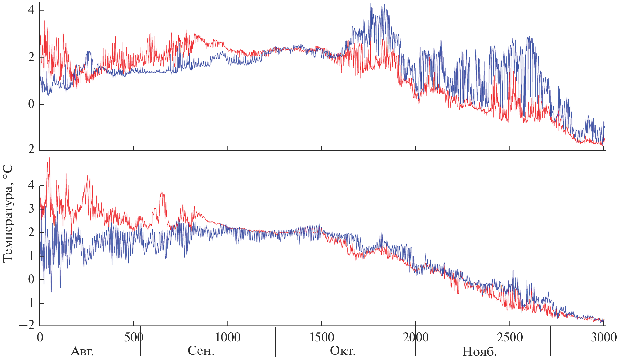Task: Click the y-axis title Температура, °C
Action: tap(8, 213)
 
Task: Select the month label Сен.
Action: tap(201, 351)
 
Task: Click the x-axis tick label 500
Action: tap(134, 338)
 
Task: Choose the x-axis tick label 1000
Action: tap(228, 338)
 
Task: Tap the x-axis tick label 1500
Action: tap(322, 338)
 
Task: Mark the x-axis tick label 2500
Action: tap(510, 338)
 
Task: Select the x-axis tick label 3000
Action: tap(603, 338)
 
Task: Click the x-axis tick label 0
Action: tap(40, 338)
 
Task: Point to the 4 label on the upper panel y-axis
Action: tap(31, 10)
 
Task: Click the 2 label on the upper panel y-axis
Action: tap(31, 57)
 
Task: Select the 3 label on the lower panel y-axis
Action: tap(31, 208)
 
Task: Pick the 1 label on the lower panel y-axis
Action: tap(31, 256)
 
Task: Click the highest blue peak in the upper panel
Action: tap(371, 4)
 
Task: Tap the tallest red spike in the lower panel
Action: tap(49, 158)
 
